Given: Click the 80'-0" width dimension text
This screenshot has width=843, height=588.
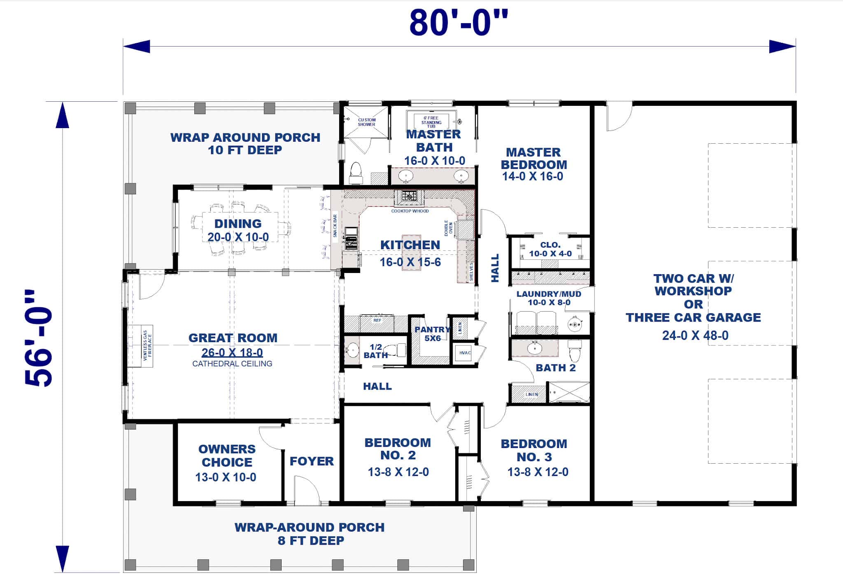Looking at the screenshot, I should pyautogui.click(x=459, y=22).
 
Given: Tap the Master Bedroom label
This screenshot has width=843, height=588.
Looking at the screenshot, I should pyautogui.click(x=533, y=159).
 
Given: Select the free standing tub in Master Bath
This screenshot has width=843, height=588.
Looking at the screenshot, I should pyautogui.click(x=431, y=120).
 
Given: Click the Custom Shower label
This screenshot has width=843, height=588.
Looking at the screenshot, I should pyautogui.click(x=366, y=122).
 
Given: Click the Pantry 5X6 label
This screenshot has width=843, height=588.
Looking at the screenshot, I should pyautogui.click(x=432, y=334).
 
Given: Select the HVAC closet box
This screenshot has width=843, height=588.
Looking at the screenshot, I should pyautogui.click(x=465, y=353).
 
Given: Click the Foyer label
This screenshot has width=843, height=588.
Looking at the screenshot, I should pyautogui.click(x=311, y=461).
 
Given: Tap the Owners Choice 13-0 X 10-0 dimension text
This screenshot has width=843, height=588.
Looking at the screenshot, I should pyautogui.click(x=226, y=477).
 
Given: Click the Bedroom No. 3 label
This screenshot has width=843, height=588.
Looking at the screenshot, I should pyautogui.click(x=533, y=450).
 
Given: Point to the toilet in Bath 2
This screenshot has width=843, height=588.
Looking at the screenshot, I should pyautogui.click(x=575, y=352).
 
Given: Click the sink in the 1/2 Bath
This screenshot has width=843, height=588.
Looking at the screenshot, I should pyautogui.click(x=352, y=350).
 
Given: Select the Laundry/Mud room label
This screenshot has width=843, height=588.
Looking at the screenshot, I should pyautogui.click(x=549, y=294).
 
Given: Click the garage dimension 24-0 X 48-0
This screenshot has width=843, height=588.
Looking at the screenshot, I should pyautogui.click(x=695, y=336).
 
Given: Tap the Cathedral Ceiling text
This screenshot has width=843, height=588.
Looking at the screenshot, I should pyautogui.click(x=232, y=364).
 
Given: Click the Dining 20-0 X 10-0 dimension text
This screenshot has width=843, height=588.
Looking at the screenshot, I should pyautogui.click(x=238, y=237).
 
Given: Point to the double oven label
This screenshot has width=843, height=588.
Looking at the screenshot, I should pyautogui.click(x=448, y=228).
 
